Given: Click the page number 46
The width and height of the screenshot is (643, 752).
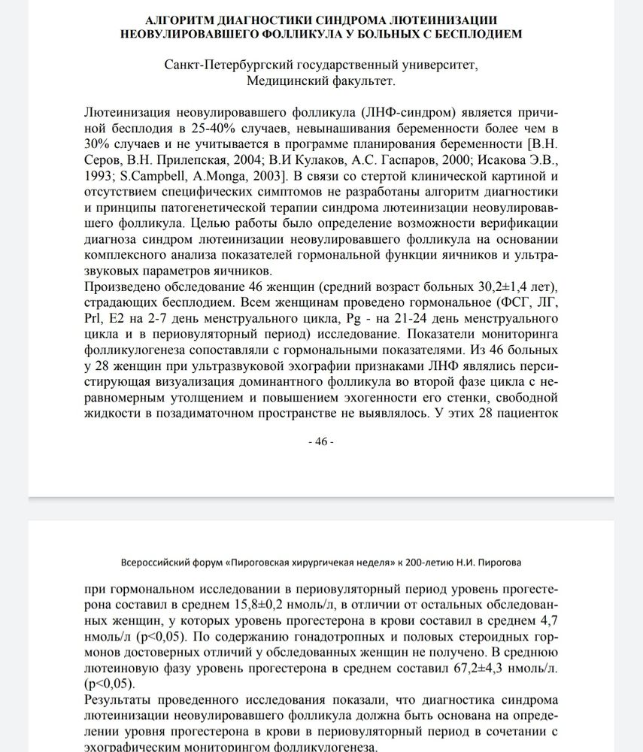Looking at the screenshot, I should point(321,441).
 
